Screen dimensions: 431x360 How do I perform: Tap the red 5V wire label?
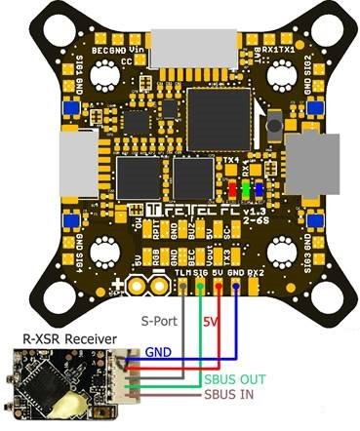click(x=209, y=320)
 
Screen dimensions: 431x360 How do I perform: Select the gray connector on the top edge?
click(x=180, y=44)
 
